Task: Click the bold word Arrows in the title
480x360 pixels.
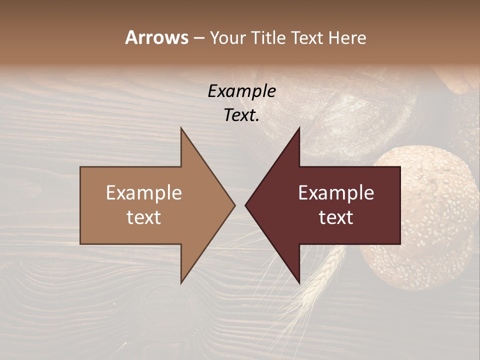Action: (156, 37)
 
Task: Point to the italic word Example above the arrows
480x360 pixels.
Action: (241, 91)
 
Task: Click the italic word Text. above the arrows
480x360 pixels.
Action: (241, 115)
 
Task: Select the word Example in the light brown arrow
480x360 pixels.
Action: (143, 193)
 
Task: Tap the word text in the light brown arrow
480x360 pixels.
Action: (143, 217)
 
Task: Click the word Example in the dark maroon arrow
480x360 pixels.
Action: (336, 193)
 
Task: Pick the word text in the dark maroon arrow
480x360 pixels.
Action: (336, 217)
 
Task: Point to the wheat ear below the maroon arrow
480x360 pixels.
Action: (320, 280)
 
